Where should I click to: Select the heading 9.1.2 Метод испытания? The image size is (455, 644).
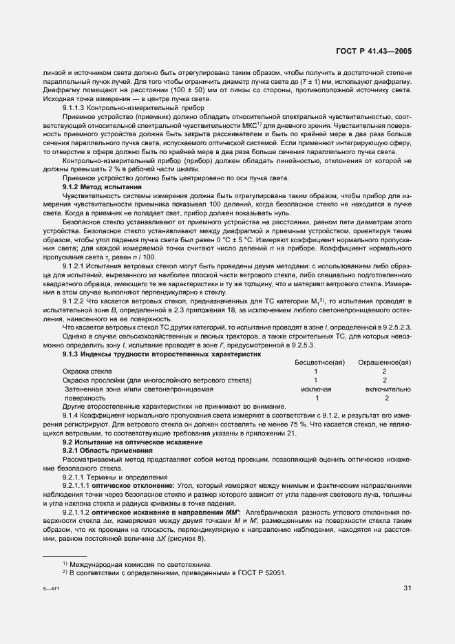coord(102,187)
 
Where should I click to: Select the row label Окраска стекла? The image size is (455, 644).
coord(87,371)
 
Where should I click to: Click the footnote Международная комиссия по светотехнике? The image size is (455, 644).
coord(139,564)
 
